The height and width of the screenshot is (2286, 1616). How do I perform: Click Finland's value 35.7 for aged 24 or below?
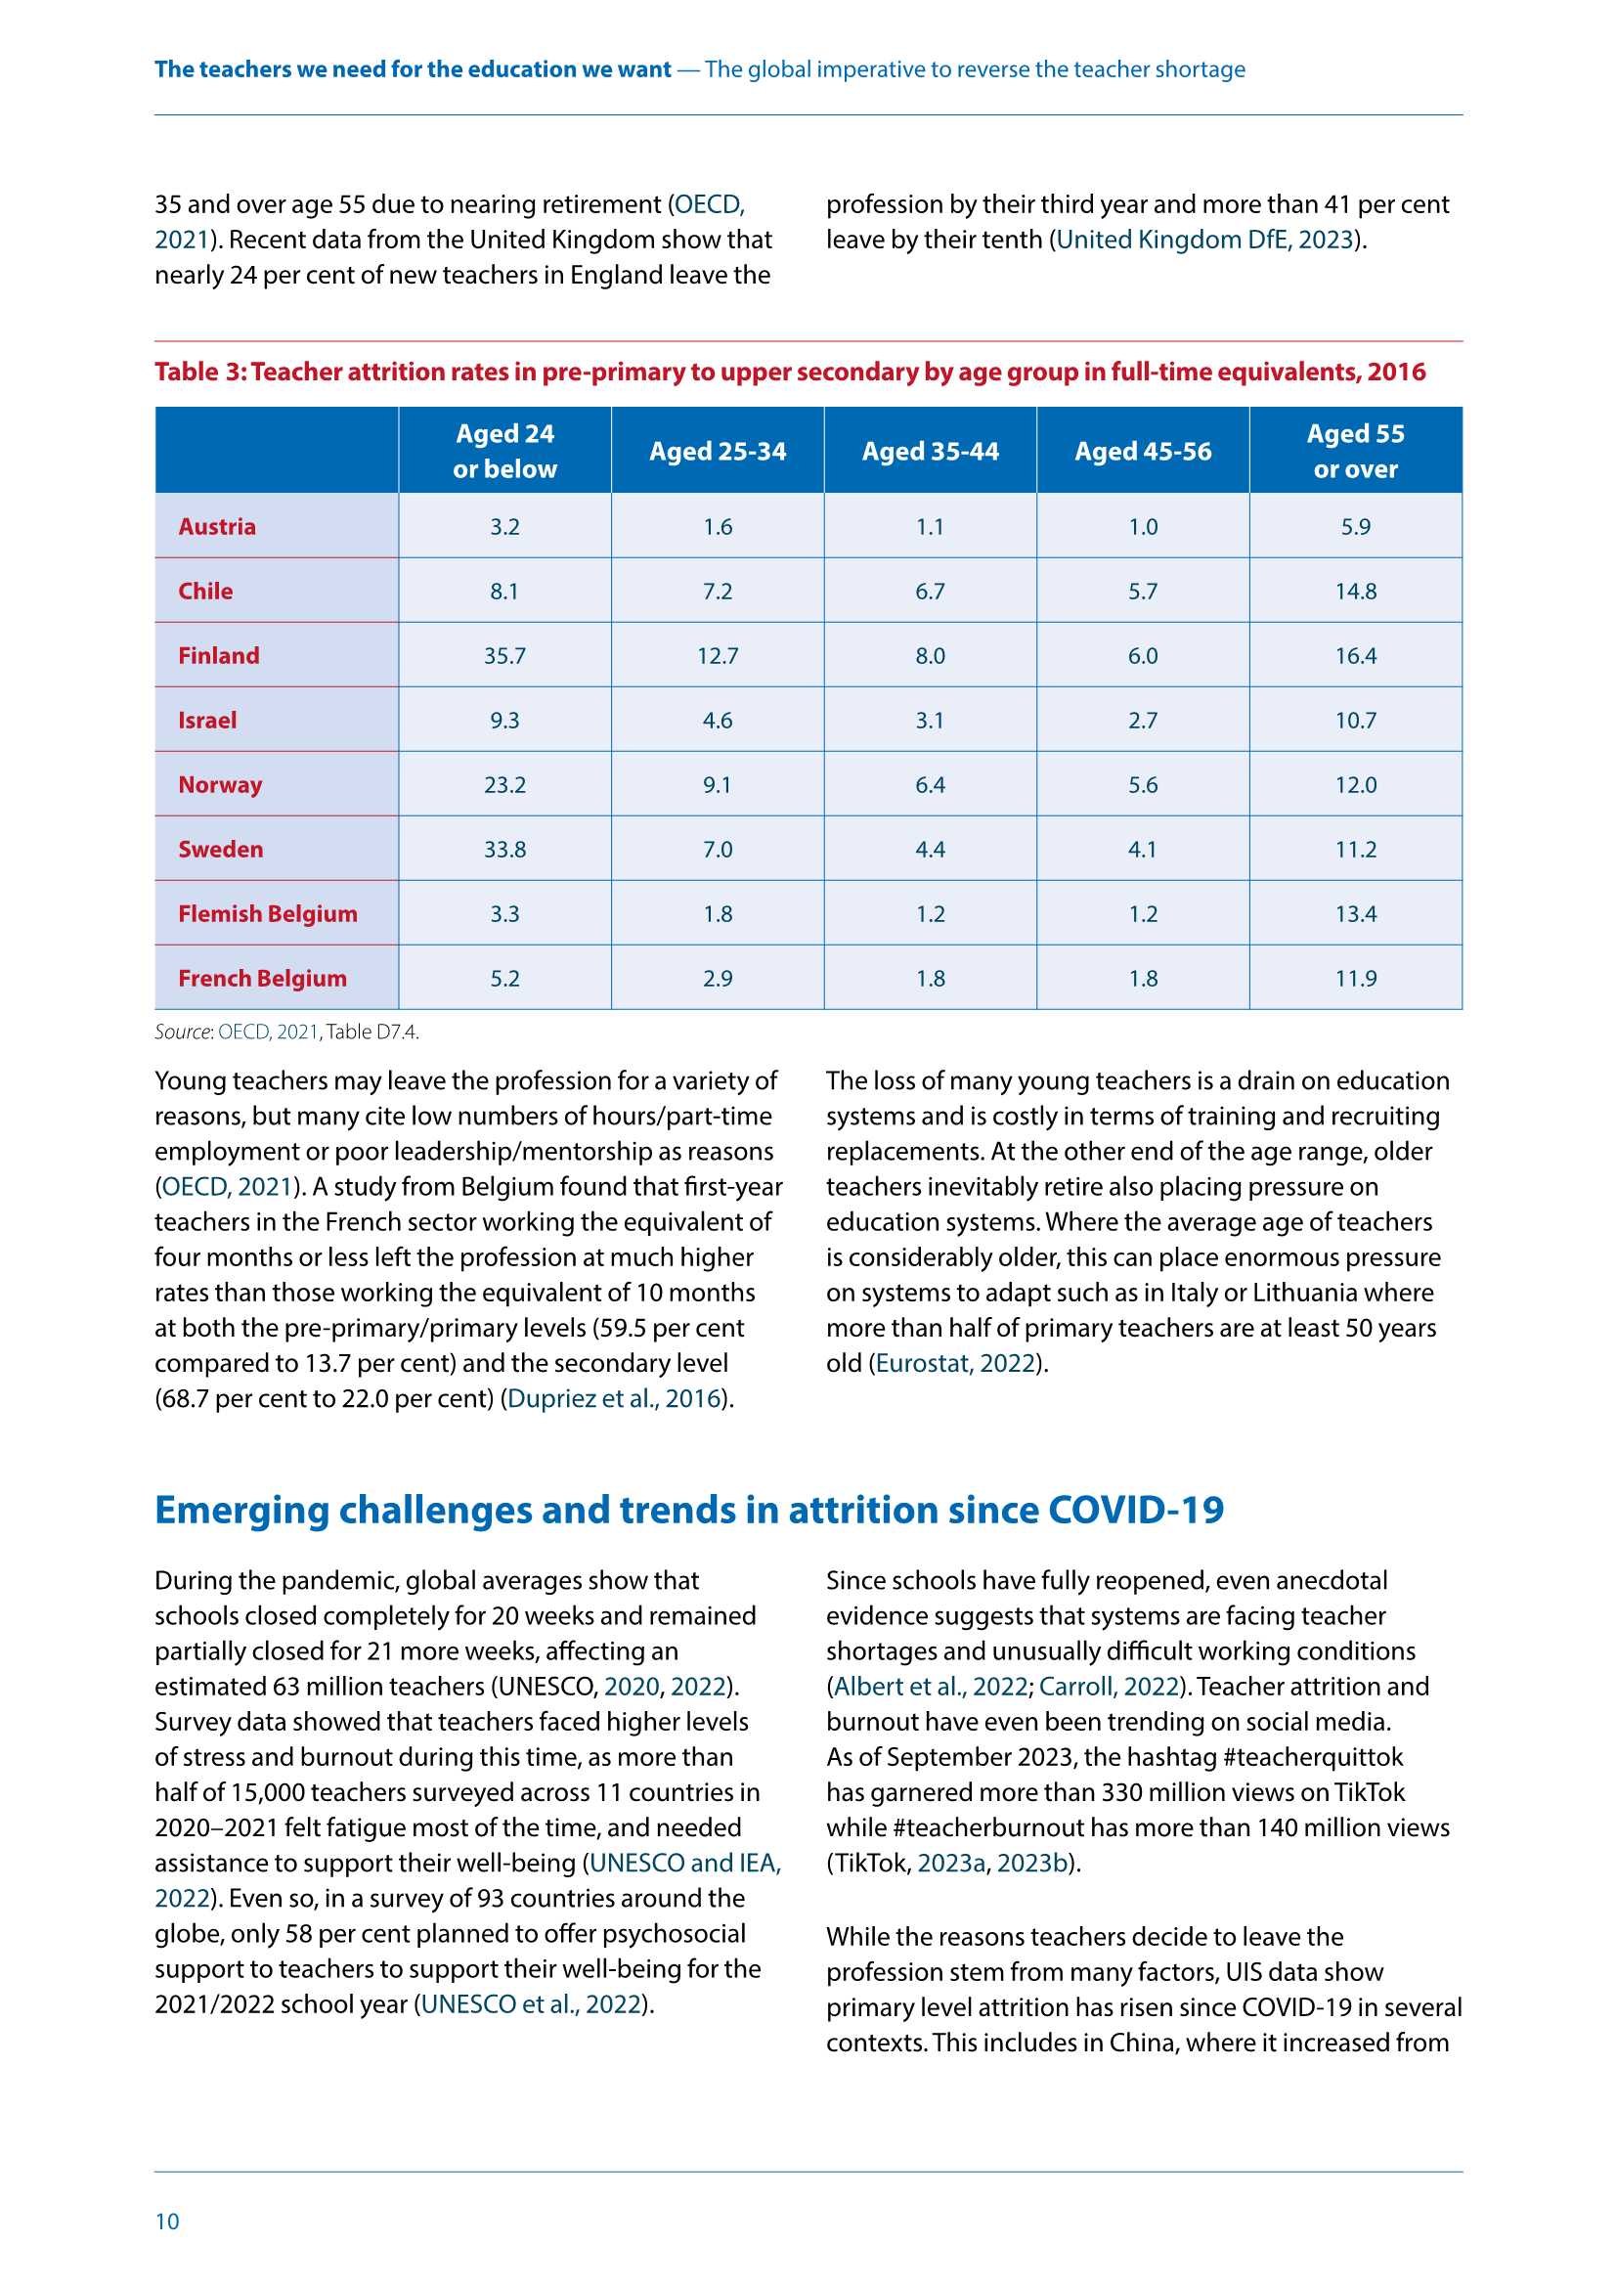(x=504, y=655)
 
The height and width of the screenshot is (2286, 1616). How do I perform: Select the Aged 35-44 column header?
(x=930, y=451)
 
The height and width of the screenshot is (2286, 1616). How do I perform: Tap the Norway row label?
(x=220, y=784)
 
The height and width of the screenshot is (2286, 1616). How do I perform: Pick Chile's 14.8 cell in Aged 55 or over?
(x=1355, y=591)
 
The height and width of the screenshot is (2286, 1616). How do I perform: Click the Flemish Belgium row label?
(x=267, y=913)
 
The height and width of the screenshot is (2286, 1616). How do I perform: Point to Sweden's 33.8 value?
(x=504, y=850)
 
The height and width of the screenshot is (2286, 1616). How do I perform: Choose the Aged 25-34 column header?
(x=717, y=451)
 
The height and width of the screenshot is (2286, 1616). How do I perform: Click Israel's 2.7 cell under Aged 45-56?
(x=1142, y=720)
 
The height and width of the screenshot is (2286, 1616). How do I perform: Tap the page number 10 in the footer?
(x=167, y=2220)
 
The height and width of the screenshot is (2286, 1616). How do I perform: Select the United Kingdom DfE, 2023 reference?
(x=1204, y=239)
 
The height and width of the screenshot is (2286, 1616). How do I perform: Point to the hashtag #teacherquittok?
(x=1312, y=1756)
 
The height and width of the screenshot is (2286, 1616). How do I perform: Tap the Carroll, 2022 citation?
(x=1109, y=1686)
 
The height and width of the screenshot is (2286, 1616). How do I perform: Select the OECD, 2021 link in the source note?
(x=268, y=1032)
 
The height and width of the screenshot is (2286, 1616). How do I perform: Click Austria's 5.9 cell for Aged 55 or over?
(x=1355, y=526)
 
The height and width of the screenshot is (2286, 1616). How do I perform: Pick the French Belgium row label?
(x=262, y=978)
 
